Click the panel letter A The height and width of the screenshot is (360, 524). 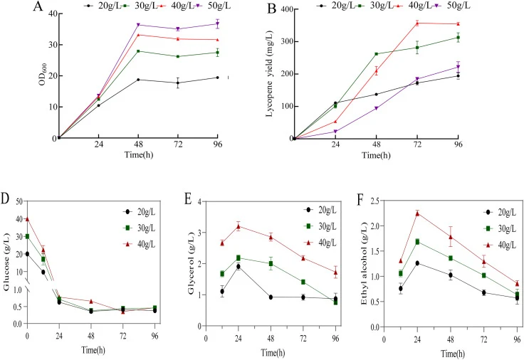tap(38, 6)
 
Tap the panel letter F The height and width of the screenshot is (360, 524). tap(360, 200)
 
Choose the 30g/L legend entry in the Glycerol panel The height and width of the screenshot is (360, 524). tap(320, 226)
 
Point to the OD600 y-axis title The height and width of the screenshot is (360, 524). tap(43, 75)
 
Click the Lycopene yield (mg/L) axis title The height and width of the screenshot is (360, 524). tap(270, 74)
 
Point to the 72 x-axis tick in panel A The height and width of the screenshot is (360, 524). tap(178, 144)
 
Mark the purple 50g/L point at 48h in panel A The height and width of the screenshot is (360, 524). tap(138, 25)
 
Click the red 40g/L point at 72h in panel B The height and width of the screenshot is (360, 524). tap(417, 23)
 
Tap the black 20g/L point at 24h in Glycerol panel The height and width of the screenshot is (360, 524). tap(239, 267)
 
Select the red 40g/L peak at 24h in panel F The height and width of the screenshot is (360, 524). tap(417, 213)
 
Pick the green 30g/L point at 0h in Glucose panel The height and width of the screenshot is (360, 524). tap(27, 236)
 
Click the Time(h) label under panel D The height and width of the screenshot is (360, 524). tap(93, 350)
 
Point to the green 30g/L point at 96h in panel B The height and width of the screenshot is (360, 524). tap(459, 38)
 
